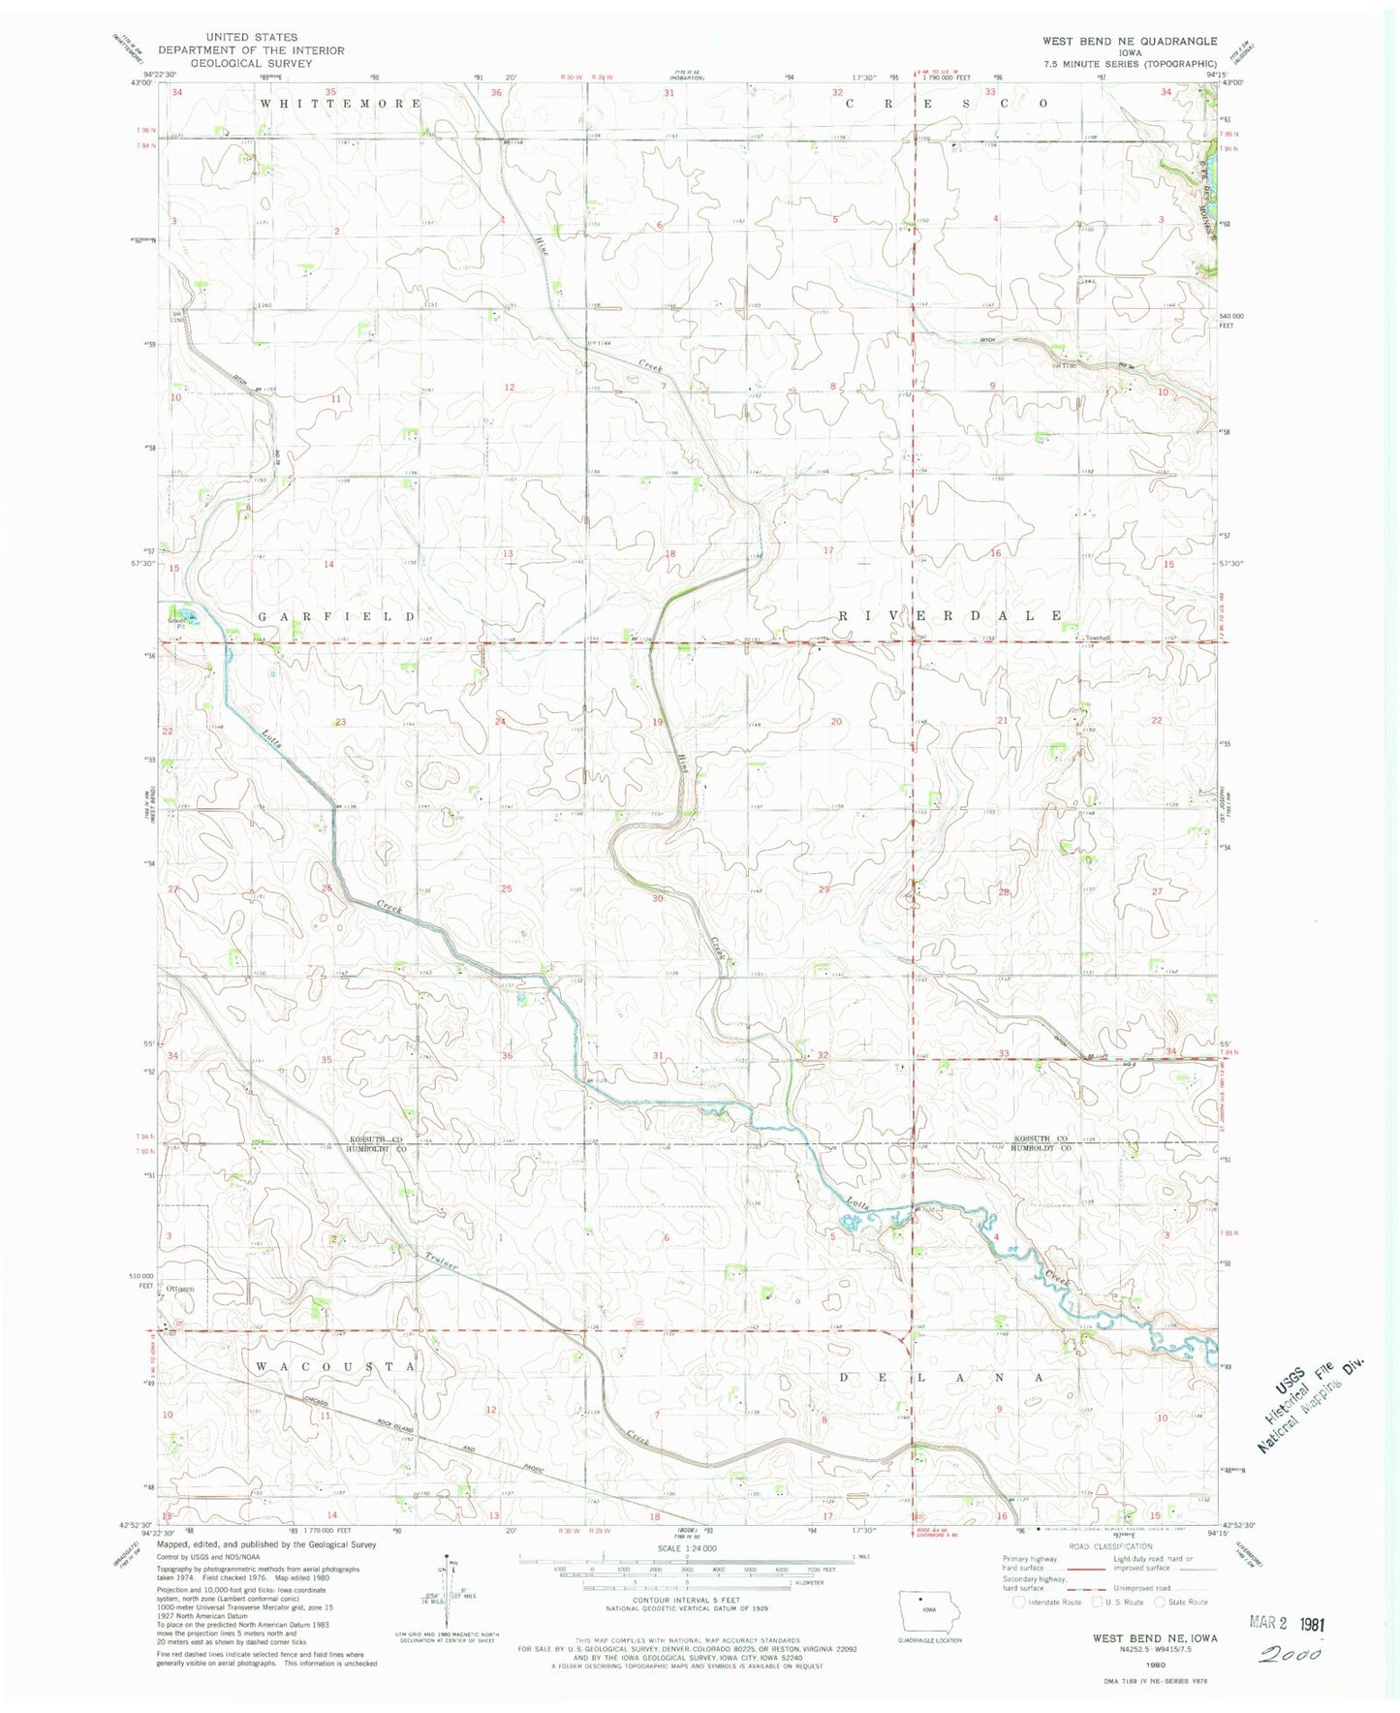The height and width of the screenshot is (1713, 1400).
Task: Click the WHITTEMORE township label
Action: (340, 103)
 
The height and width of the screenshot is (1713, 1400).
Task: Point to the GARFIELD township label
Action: (336, 616)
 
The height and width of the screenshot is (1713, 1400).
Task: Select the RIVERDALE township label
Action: (949, 616)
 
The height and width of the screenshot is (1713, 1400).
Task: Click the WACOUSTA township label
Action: (336, 1365)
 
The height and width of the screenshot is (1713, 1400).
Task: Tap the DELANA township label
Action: (942, 1377)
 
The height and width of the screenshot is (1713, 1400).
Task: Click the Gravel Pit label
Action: (176, 623)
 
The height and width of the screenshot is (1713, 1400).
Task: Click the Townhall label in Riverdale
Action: (1096, 638)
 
